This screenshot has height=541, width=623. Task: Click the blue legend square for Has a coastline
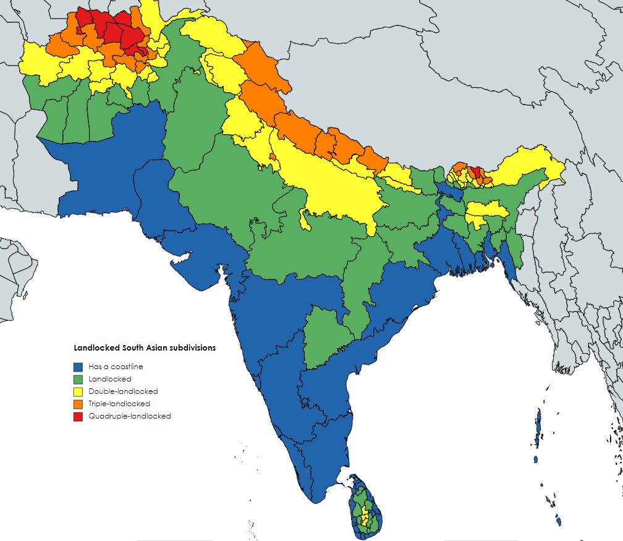(x=78, y=367)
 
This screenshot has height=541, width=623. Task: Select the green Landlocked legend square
(x=78, y=379)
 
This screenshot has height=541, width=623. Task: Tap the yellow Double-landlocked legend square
(x=78, y=391)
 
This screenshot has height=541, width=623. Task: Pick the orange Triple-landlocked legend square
(x=78, y=404)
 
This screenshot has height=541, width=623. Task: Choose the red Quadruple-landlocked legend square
(x=78, y=416)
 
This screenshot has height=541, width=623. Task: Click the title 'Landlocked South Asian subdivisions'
(x=145, y=348)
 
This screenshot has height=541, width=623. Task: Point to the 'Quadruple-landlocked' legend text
(x=129, y=416)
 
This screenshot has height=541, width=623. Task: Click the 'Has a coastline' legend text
(x=116, y=367)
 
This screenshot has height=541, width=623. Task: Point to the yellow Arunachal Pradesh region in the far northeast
(x=525, y=167)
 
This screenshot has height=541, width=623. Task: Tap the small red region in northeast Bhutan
(x=475, y=171)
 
